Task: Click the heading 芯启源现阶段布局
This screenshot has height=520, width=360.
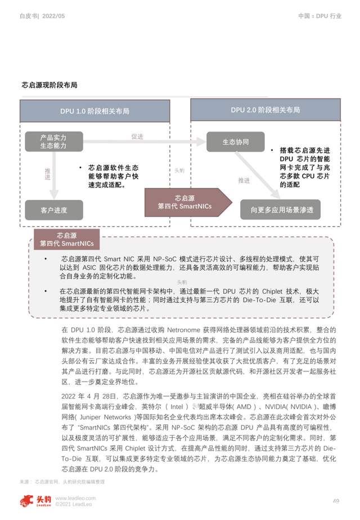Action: (x=49, y=85)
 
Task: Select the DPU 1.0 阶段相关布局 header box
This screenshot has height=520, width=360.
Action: (x=94, y=111)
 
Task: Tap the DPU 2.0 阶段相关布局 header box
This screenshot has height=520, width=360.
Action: (x=265, y=110)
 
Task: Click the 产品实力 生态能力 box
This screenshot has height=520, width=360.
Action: (x=53, y=141)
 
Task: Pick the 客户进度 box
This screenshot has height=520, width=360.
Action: (x=53, y=210)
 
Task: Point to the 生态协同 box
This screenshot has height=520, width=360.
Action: (x=235, y=142)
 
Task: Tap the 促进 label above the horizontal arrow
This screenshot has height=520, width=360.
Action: (x=137, y=137)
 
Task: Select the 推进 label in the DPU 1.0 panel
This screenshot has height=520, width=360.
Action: (x=47, y=173)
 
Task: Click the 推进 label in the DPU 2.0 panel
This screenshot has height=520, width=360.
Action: (x=244, y=181)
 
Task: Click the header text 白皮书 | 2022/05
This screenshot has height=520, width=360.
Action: (x=43, y=16)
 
